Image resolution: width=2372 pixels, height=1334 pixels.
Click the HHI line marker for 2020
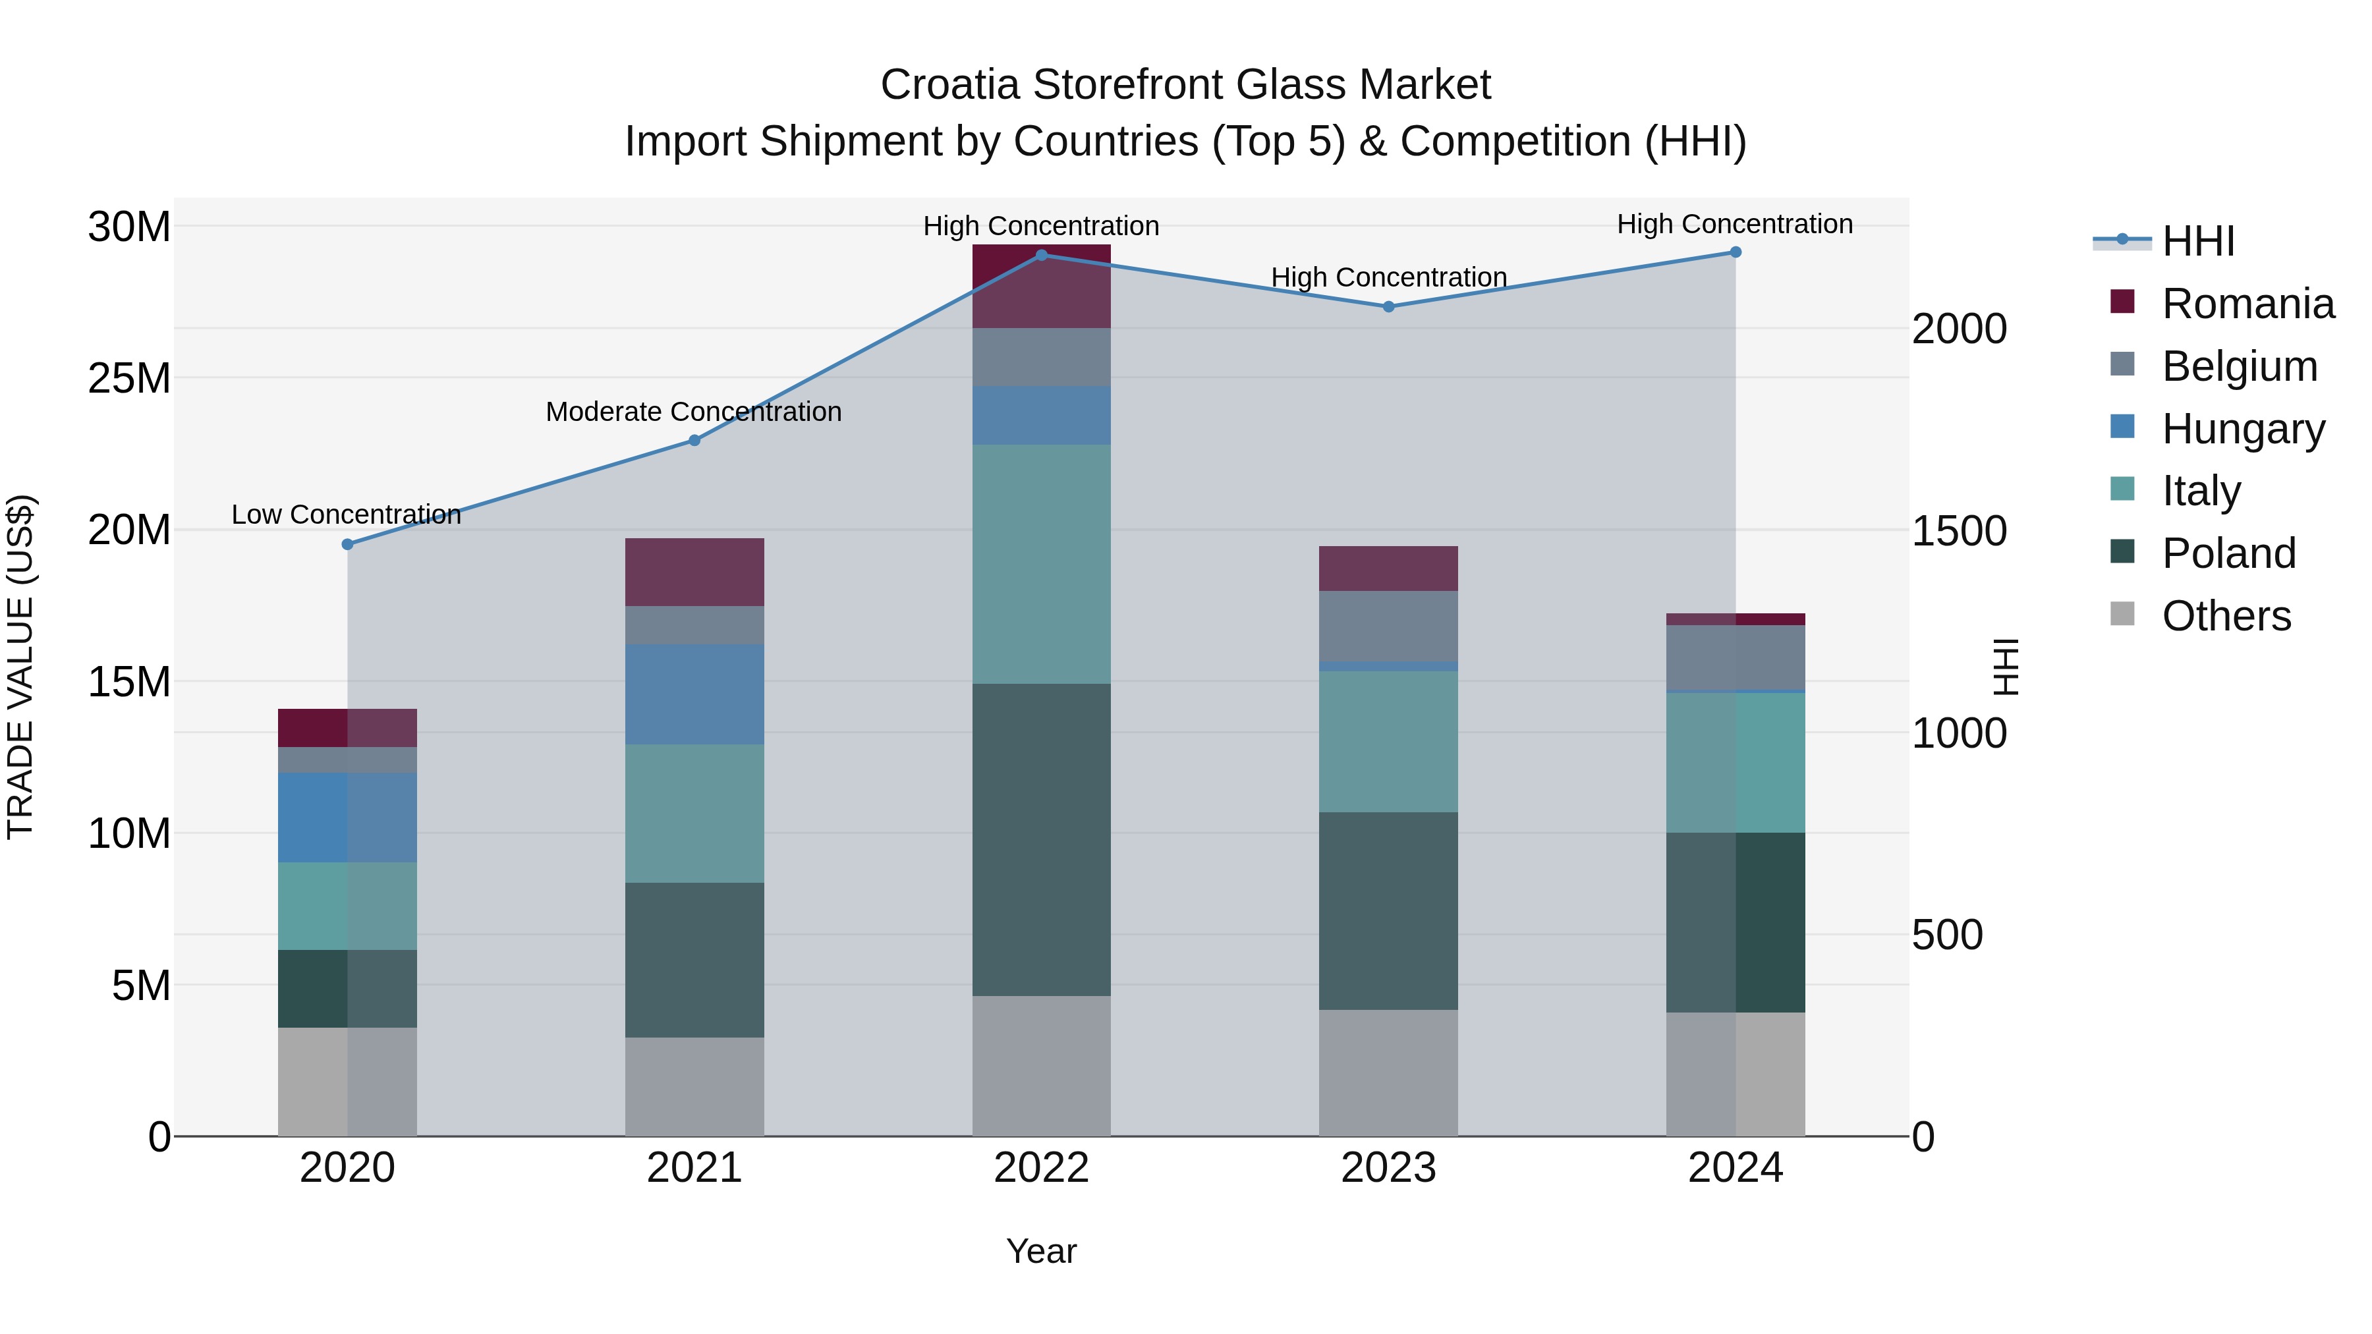pyautogui.click(x=347, y=544)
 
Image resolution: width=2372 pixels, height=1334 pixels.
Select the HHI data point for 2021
pyautogui.click(x=694, y=440)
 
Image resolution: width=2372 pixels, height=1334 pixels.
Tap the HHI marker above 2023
pyautogui.click(x=1388, y=306)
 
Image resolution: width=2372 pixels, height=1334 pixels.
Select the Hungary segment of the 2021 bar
pyautogui.click(x=694, y=694)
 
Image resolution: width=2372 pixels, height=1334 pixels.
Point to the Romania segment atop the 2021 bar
pyautogui.click(x=694, y=572)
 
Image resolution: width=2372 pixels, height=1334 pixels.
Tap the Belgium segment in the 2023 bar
pyautogui.click(x=1388, y=626)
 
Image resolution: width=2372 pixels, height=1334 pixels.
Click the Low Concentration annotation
pyautogui.click(x=346, y=514)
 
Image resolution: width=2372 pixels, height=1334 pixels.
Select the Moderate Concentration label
pyautogui.click(x=693, y=412)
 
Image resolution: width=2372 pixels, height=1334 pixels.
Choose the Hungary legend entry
pyautogui.click(x=2243, y=429)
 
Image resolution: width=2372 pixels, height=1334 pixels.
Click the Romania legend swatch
pyautogui.click(x=2122, y=302)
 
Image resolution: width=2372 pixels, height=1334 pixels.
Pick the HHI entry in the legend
pyautogui.click(x=2197, y=241)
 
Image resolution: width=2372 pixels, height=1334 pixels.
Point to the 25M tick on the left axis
pyautogui.click(x=129, y=378)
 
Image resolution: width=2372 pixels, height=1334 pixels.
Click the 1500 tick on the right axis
pyautogui.click(x=1960, y=531)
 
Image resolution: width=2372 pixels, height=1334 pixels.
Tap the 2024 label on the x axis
pyautogui.click(x=1735, y=1168)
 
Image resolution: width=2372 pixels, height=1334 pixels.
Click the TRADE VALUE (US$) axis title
pyautogui.click(x=20, y=667)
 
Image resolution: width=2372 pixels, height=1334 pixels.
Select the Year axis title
pyautogui.click(x=1042, y=1251)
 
